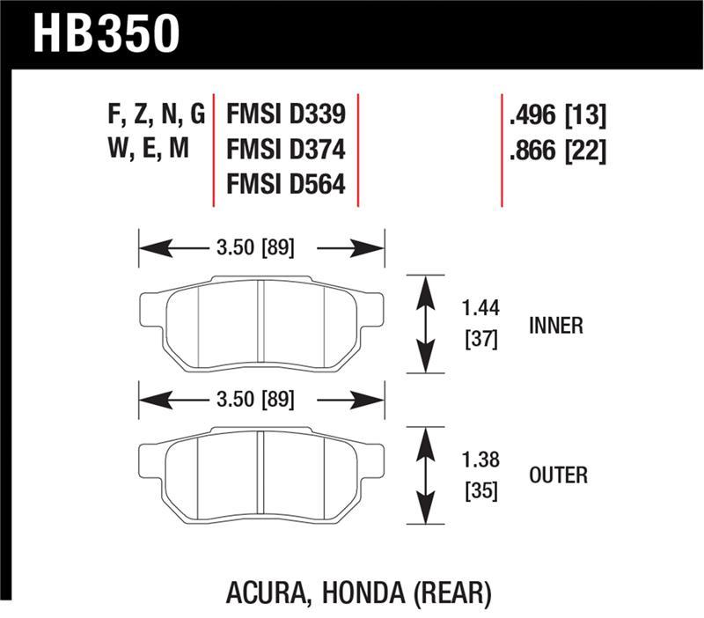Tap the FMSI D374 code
click(285, 150)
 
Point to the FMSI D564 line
click(285, 186)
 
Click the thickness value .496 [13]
click(557, 115)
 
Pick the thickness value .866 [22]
click(557, 151)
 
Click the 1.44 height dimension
click(480, 310)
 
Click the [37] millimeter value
click(480, 339)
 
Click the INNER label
click(555, 326)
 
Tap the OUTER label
click(558, 475)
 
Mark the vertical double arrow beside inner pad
click(427, 324)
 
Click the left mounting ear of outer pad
click(151, 458)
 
